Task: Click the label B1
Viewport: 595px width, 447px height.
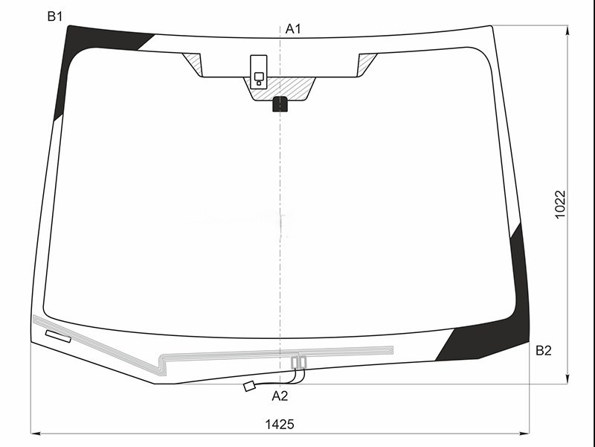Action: pyautogui.click(x=54, y=16)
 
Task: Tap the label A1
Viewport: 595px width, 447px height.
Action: pyautogui.click(x=293, y=29)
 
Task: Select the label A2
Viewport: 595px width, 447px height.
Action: pyautogui.click(x=280, y=396)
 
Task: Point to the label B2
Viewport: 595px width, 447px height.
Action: pyautogui.click(x=544, y=351)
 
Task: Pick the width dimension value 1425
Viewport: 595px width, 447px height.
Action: pyautogui.click(x=280, y=424)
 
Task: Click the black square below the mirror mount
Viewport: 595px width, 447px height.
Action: pyautogui.click(x=280, y=104)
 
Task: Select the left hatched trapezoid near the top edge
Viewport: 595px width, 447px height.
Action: pyautogui.click(x=193, y=63)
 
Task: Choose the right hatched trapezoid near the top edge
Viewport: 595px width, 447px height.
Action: pyautogui.click(x=367, y=63)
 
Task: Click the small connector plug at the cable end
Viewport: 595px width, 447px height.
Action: pyautogui.click(x=250, y=386)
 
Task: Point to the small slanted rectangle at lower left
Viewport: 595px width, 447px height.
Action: pyautogui.click(x=58, y=336)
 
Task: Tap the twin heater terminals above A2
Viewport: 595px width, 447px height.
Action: pyautogui.click(x=298, y=363)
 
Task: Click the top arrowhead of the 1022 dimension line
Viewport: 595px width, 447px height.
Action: pyautogui.click(x=567, y=30)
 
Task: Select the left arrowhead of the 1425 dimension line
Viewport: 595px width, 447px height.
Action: pyautogui.click(x=35, y=433)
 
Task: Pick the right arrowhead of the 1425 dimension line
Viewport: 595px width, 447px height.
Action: pyautogui.click(x=525, y=433)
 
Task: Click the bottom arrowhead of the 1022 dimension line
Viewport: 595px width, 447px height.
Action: pyautogui.click(x=567, y=380)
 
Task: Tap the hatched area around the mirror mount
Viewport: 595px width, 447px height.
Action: pyautogui.click(x=297, y=88)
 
